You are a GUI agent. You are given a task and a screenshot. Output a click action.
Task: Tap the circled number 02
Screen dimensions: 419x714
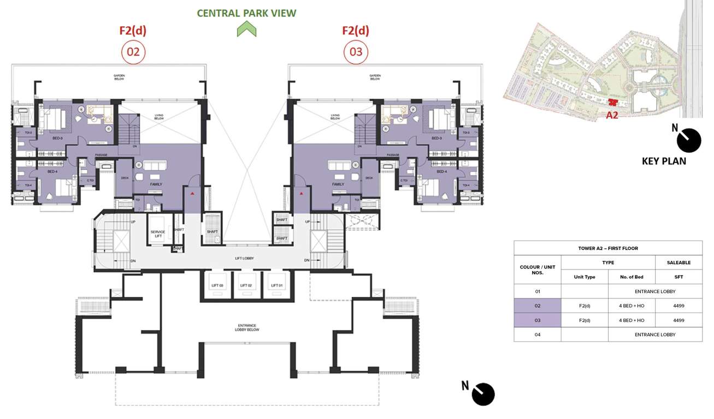click(133, 52)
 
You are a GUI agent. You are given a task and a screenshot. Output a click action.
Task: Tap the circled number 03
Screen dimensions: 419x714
click(356, 52)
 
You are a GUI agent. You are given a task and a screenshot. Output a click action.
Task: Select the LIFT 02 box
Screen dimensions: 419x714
click(246, 285)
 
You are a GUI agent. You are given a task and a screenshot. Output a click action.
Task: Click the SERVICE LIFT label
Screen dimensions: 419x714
click(157, 235)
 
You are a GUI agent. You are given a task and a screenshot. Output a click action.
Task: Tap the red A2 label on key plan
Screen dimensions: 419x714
click(612, 115)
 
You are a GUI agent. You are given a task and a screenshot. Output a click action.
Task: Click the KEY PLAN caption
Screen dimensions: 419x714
click(664, 161)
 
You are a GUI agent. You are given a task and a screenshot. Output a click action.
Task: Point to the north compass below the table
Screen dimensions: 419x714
click(483, 394)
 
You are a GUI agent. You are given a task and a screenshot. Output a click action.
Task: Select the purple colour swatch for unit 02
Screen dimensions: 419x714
click(537, 306)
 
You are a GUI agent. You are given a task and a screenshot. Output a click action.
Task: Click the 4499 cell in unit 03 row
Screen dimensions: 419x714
click(678, 320)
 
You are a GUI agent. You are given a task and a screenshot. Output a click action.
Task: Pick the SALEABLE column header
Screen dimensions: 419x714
click(678, 262)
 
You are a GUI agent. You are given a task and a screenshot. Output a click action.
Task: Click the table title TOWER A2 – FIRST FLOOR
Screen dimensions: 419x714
click(607, 248)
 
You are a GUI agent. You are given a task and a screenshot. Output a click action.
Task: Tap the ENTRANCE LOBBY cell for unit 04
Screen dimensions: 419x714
click(654, 334)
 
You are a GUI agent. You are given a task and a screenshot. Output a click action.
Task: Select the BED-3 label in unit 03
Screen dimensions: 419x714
click(436, 138)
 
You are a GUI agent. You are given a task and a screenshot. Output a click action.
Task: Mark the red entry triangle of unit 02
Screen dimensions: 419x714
click(192, 193)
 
